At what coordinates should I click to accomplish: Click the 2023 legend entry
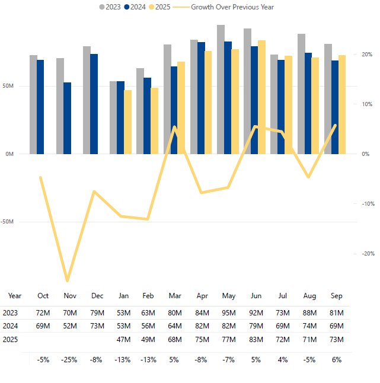(x=110, y=7)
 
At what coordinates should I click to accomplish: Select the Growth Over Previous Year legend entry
(x=228, y=7)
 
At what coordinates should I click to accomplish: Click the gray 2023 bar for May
(x=221, y=89)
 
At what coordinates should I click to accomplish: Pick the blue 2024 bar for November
(x=68, y=118)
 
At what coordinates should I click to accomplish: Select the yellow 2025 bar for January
(x=128, y=122)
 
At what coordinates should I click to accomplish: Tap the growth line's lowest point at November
(x=67, y=280)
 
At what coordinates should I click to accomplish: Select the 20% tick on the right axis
(x=366, y=55)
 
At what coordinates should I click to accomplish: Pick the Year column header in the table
(x=15, y=295)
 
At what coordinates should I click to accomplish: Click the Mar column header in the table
(x=175, y=295)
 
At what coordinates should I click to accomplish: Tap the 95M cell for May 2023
(x=229, y=312)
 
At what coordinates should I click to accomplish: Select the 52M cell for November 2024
(x=70, y=325)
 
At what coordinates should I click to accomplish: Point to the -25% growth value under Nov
(x=69, y=359)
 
